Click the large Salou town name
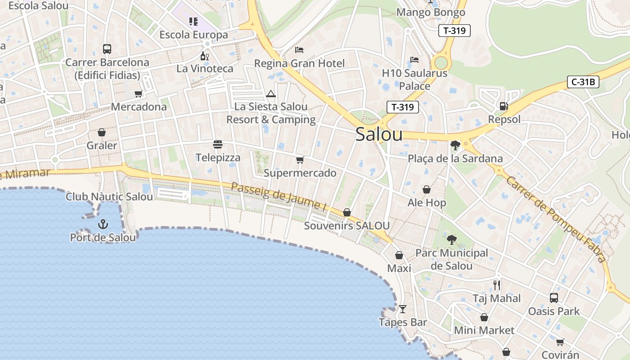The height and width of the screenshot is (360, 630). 379,135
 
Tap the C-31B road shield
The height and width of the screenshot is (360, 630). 583,82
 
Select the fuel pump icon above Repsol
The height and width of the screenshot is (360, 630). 504,106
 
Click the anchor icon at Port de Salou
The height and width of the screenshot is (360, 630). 103,224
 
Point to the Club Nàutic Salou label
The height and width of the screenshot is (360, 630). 109,197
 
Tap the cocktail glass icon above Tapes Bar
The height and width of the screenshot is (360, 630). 403,309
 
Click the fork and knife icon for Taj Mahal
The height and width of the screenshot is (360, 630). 497,285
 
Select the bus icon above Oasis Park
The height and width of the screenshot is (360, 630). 554,298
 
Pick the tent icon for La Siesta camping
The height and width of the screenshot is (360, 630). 270,94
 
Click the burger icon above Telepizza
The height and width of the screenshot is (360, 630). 218,144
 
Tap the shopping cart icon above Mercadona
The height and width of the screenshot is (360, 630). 139,94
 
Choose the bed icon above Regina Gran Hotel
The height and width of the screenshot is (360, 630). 299,50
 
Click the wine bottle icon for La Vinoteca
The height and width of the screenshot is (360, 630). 205,56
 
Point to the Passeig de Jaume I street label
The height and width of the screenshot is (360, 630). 279,197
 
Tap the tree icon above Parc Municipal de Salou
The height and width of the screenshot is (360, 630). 451,240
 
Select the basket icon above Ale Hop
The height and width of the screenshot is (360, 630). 426,190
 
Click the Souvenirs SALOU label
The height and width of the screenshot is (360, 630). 347,225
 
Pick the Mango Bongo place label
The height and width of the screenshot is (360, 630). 431,12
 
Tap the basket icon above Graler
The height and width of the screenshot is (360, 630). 102,132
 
